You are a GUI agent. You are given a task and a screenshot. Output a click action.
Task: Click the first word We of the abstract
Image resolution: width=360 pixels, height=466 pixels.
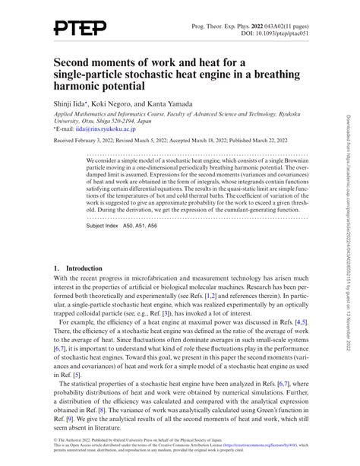(91, 161)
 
